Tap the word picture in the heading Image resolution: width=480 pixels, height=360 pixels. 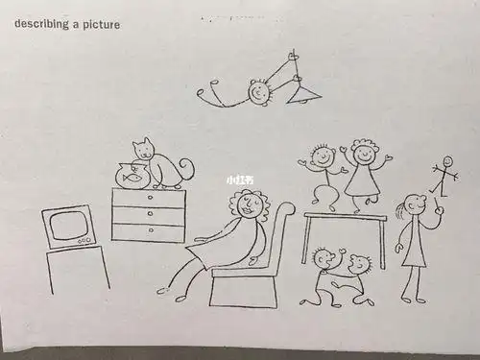click(101, 24)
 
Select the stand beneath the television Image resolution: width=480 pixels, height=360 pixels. click(77, 269)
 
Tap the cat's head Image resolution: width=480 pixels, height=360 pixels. click(144, 149)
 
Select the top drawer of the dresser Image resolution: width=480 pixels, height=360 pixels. click(148, 198)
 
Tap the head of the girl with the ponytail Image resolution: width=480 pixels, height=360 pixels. click(413, 205)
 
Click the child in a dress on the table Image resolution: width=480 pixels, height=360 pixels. click(362, 173)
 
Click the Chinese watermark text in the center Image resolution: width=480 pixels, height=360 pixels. click(239, 180)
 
